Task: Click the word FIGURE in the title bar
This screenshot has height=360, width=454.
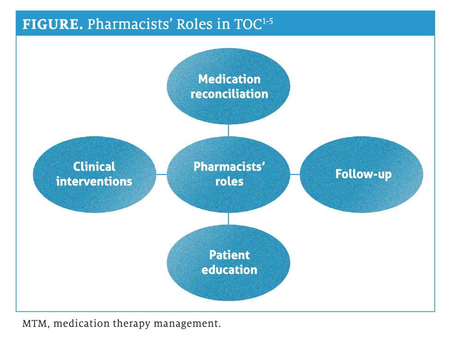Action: tap(52, 24)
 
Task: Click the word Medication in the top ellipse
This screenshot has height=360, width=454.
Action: tap(229, 79)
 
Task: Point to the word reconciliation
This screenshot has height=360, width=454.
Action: tap(229, 94)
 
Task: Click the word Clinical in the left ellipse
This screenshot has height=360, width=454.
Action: tap(94, 167)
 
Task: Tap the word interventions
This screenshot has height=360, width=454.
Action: tap(94, 181)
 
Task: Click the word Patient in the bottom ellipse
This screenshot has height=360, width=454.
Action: tap(229, 255)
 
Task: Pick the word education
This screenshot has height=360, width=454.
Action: tap(229, 270)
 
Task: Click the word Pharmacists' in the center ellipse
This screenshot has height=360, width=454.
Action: tap(229, 167)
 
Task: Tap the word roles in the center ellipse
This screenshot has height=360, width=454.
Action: tap(229, 181)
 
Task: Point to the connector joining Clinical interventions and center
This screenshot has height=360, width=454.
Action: tap(161, 174)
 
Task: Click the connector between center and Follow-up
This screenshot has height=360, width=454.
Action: tap(295, 174)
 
